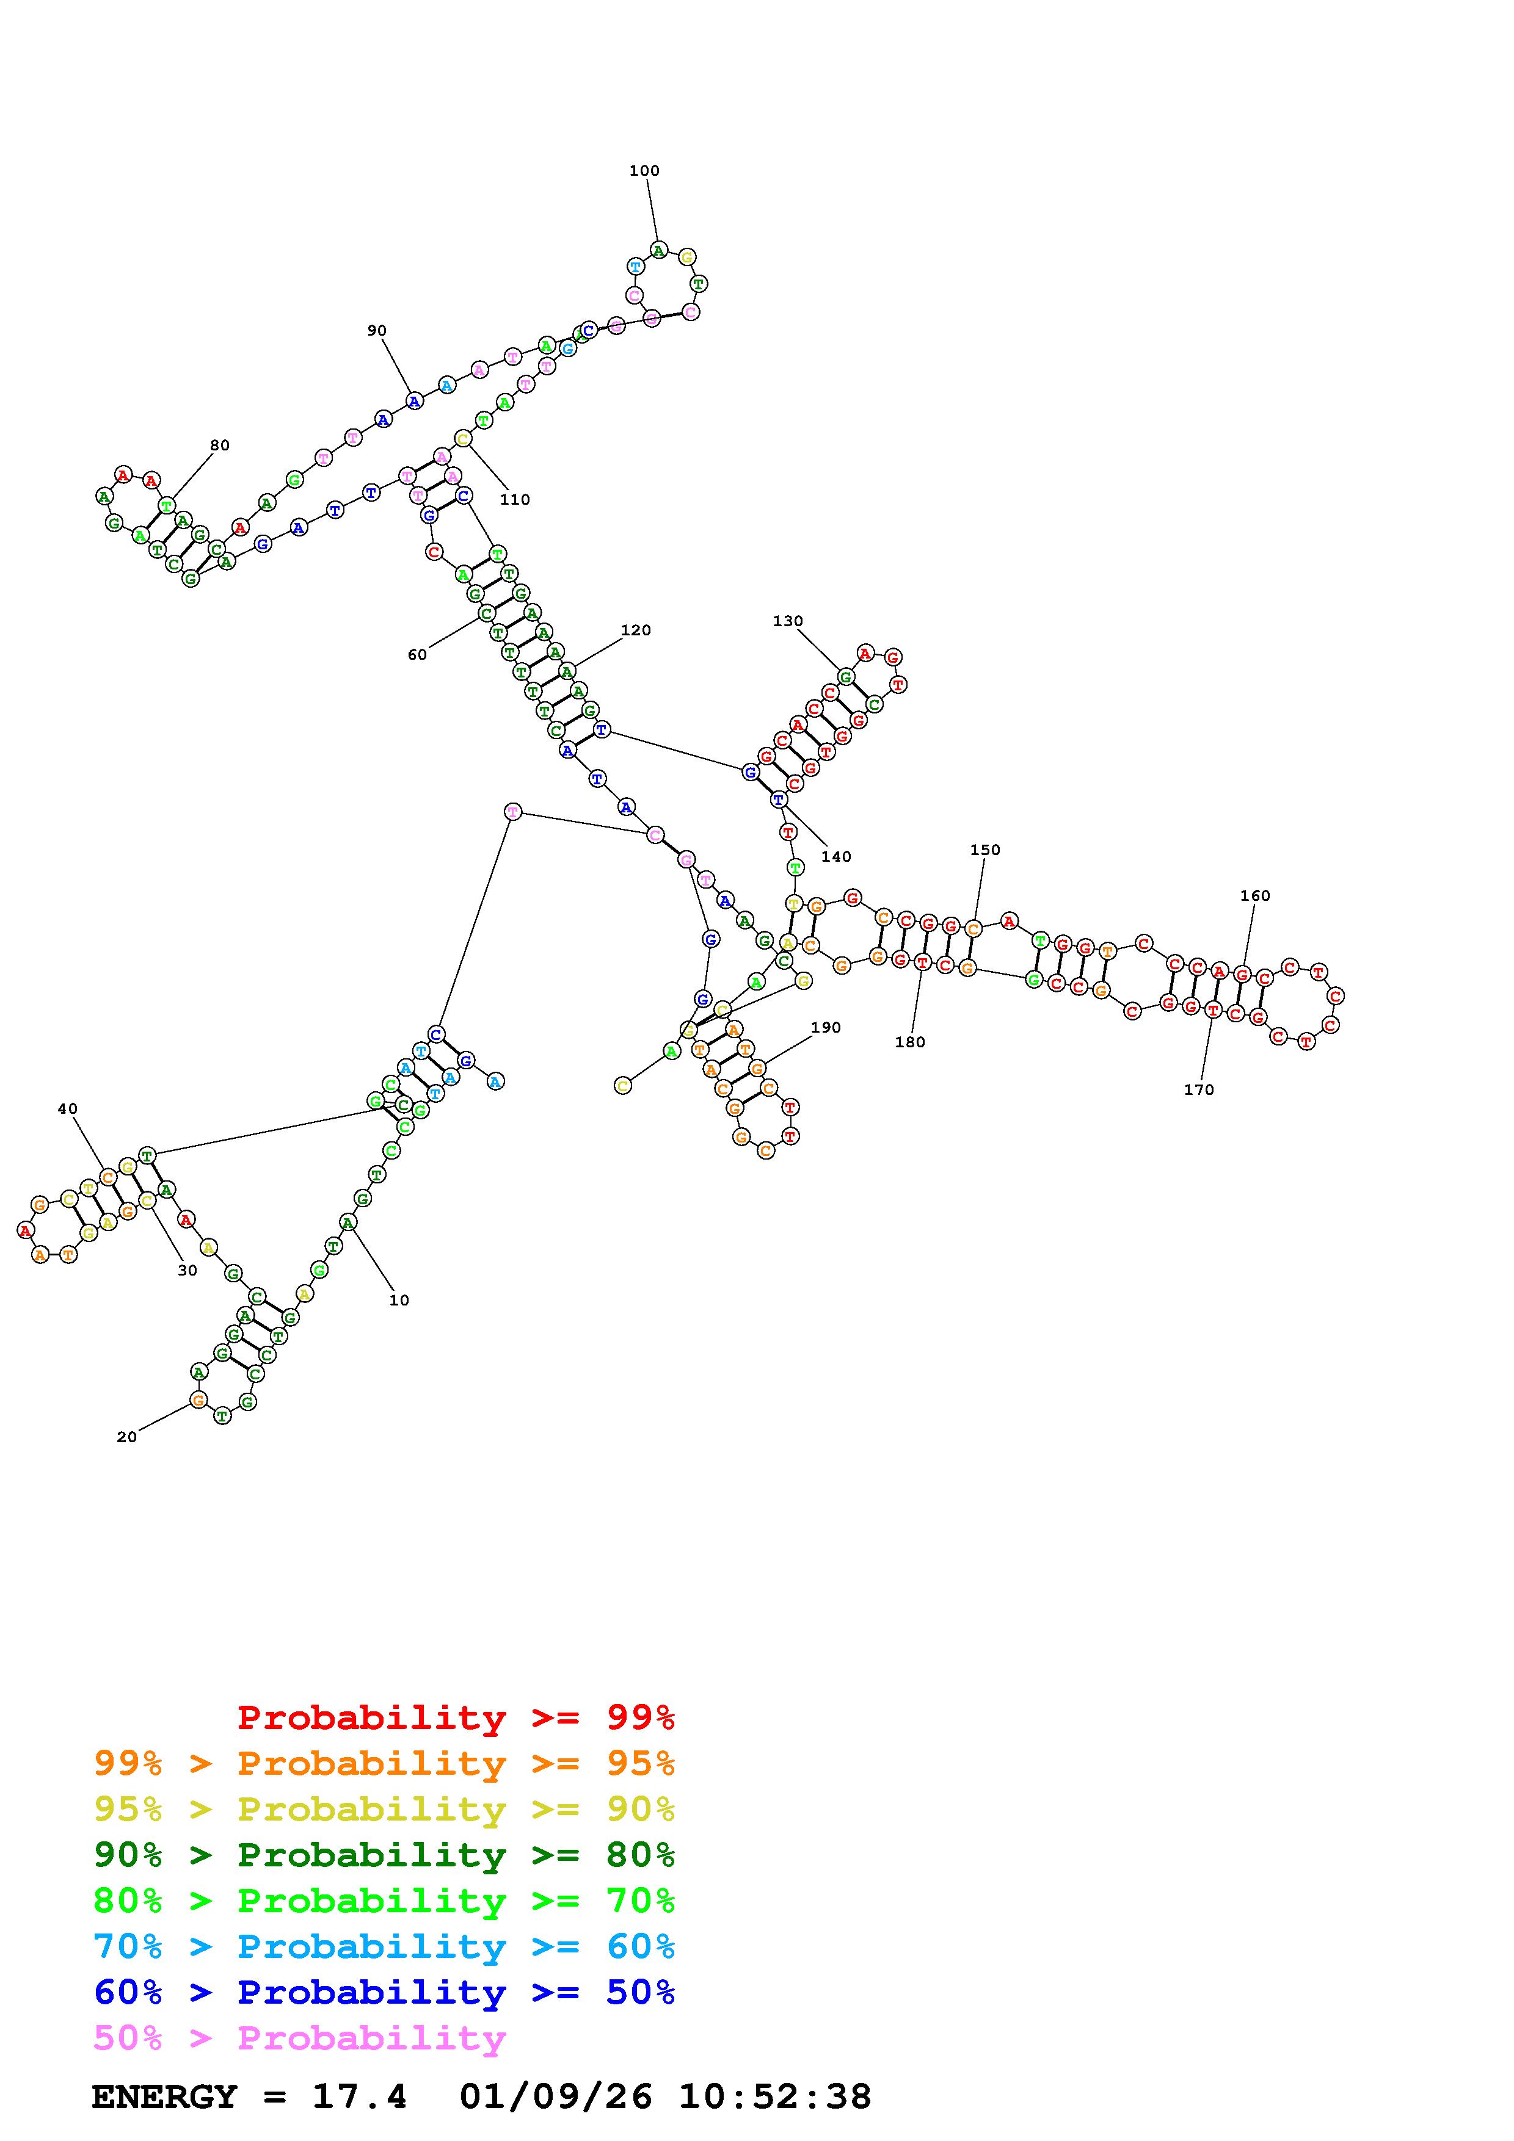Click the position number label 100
(x=644, y=171)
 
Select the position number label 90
(x=376, y=330)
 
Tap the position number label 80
(x=219, y=445)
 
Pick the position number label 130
(x=787, y=621)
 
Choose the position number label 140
(x=836, y=856)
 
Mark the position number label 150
(x=984, y=850)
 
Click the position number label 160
(x=1254, y=895)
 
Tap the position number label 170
(x=1199, y=1089)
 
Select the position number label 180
(x=909, y=1042)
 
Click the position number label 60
(x=417, y=655)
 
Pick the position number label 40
(x=67, y=1109)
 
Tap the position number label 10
(x=399, y=1300)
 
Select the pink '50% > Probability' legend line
(x=300, y=2037)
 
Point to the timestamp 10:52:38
(x=774, y=2097)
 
